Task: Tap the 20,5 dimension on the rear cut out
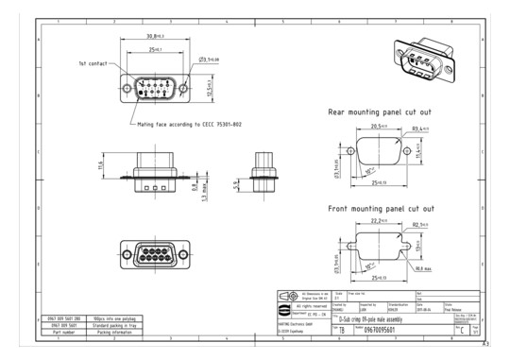381,126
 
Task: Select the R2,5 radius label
419,225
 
